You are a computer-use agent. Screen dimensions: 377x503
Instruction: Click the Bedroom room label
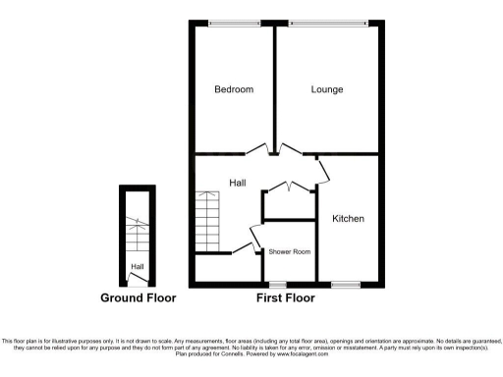(x=234, y=89)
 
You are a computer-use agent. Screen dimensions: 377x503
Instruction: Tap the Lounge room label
(x=327, y=89)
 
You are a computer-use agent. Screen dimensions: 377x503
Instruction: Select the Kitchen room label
(x=348, y=218)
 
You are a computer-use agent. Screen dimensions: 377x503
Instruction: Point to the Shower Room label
(x=290, y=252)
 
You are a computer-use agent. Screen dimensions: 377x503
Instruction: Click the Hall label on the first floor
(x=238, y=183)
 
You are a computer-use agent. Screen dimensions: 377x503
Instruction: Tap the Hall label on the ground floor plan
(x=138, y=266)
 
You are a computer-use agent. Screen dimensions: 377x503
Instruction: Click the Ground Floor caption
(x=138, y=297)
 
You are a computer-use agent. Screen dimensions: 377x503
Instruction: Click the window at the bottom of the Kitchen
(x=345, y=285)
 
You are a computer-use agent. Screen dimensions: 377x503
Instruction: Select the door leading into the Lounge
(x=290, y=149)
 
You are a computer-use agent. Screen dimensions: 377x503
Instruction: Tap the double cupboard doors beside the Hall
(x=289, y=187)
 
